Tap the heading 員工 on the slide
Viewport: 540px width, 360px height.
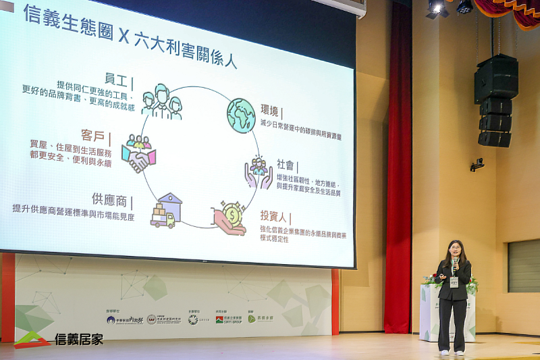pyautogui.click(x=115, y=80)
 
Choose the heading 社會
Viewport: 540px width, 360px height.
pyautogui.click(x=285, y=165)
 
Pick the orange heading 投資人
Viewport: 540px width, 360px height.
pyautogui.click(x=275, y=217)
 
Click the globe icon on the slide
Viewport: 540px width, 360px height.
pyautogui.click(x=241, y=115)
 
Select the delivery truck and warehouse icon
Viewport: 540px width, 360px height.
pyautogui.click(x=166, y=211)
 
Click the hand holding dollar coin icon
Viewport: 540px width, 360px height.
pyautogui.click(x=229, y=218)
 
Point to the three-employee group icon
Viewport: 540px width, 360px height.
pyautogui.click(x=162, y=102)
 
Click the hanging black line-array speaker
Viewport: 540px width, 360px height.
pyautogui.click(x=496, y=101)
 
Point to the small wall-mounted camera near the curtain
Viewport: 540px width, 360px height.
pyautogui.click(x=477, y=164)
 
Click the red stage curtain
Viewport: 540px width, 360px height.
pyautogui.click(x=398, y=169)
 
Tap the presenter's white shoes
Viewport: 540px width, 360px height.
pyautogui.click(x=453, y=353)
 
